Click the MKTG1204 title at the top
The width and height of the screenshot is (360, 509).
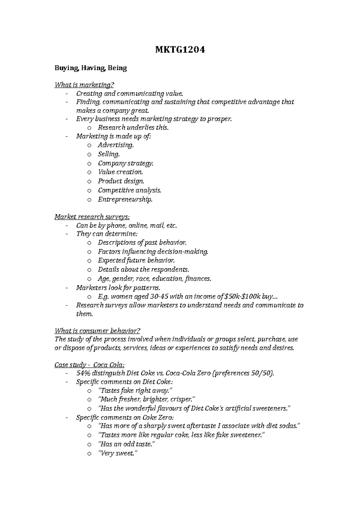point(180,50)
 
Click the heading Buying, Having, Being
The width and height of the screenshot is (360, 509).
point(91,68)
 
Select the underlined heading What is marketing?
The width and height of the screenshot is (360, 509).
point(84,85)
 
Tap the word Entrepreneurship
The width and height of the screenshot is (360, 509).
point(125,199)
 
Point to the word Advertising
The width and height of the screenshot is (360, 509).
point(115,145)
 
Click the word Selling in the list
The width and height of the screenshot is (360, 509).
point(109,154)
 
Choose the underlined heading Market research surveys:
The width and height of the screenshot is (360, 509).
point(92,217)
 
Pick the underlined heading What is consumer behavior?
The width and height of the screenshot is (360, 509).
point(97,331)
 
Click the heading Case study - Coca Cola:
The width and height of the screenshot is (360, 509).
point(89,365)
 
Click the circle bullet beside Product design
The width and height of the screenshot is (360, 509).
point(89,182)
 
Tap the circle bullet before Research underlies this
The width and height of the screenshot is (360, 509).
point(89,128)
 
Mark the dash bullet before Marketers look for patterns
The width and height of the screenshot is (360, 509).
point(66,288)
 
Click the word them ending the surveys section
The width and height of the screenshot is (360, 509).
point(84,314)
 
